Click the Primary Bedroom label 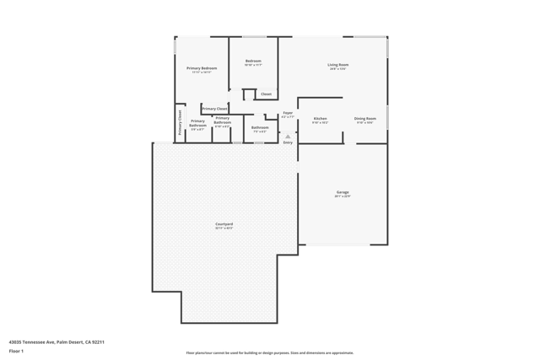pyautogui.click(x=202, y=68)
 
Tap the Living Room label pyautogui.click(x=338, y=65)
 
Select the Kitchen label pyautogui.click(x=321, y=119)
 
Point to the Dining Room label pyautogui.click(x=365, y=119)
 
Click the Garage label pyautogui.click(x=343, y=192)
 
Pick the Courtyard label pyautogui.click(x=224, y=224)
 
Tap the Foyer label pyautogui.click(x=288, y=113)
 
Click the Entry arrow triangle pyautogui.click(x=288, y=135)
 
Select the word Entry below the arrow pyautogui.click(x=288, y=142)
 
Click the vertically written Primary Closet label pyautogui.click(x=180, y=123)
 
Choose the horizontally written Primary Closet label pyautogui.click(x=214, y=109)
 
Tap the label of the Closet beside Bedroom pyautogui.click(x=267, y=94)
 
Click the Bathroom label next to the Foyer pyautogui.click(x=260, y=127)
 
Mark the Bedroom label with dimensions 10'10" pyautogui.click(x=253, y=61)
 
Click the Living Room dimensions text pyautogui.click(x=338, y=69)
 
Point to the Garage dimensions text pyautogui.click(x=343, y=196)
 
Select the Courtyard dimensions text pyautogui.click(x=224, y=228)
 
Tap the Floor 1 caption pyautogui.click(x=16, y=351)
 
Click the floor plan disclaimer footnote pyautogui.click(x=270, y=353)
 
